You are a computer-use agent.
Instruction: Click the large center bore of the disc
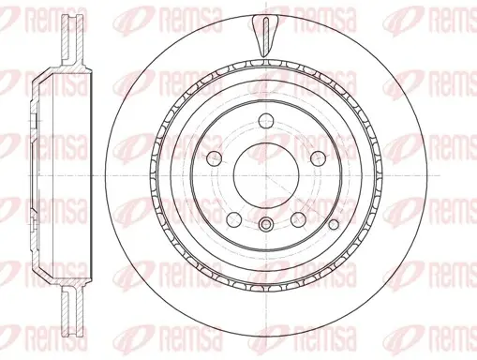pyautogui.click(x=266, y=176)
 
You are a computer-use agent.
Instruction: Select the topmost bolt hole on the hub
pyautogui.click(x=266, y=120)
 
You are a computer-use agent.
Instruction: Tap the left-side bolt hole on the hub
pyautogui.click(x=215, y=158)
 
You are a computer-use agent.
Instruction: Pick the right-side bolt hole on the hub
pyautogui.click(x=318, y=158)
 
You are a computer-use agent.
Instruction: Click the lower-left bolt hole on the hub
pyautogui.click(x=234, y=219)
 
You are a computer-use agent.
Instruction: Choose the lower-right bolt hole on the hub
pyautogui.click(x=298, y=219)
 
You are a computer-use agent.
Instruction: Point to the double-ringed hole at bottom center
pyautogui.click(x=266, y=224)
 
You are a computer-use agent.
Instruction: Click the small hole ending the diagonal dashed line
pyautogui.click(x=334, y=224)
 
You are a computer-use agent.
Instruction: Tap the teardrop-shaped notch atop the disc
pyautogui.click(x=264, y=37)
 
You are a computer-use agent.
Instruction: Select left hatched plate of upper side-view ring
pyautogui.click(x=66, y=40)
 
